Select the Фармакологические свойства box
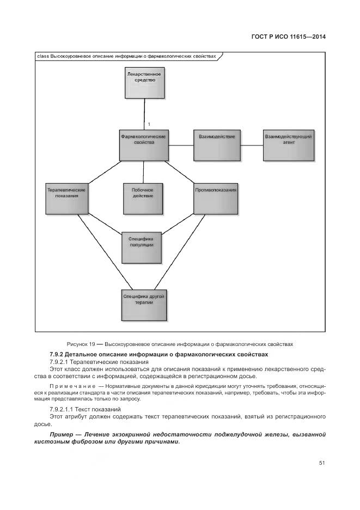pyautogui.click(x=143, y=145)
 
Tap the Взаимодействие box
pyautogui.click(x=217, y=145)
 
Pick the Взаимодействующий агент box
pyautogui.click(x=288, y=145)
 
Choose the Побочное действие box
pyautogui.click(x=142, y=199)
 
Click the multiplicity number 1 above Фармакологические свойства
pyautogui.click(x=149, y=125)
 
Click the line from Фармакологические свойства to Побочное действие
pyautogui.click(x=143, y=172)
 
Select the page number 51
pyautogui.click(x=322, y=463)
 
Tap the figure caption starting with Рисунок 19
pyautogui.click(x=180, y=344)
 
